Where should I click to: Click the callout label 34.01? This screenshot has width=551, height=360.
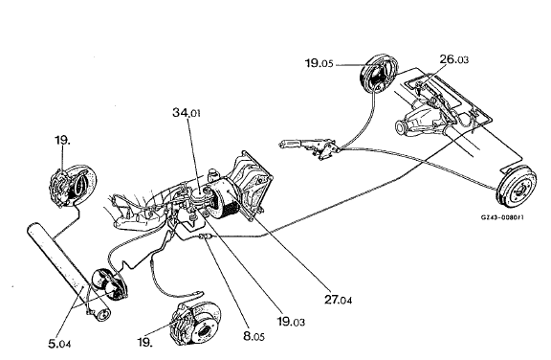click(x=187, y=113)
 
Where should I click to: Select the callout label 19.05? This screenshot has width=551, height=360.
click(x=319, y=63)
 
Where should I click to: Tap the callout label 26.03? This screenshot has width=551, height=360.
click(x=454, y=59)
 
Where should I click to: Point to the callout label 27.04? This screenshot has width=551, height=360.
click(x=338, y=300)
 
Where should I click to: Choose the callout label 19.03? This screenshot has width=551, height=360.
click(x=291, y=321)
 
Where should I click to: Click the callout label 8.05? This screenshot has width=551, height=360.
click(x=253, y=336)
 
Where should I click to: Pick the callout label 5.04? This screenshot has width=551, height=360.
click(x=59, y=343)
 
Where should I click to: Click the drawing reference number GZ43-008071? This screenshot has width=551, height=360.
click(x=502, y=217)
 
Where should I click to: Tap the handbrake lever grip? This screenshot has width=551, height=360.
click(x=289, y=145)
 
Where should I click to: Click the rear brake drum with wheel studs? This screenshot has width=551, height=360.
click(x=518, y=187)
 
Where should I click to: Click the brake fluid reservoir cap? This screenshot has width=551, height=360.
click(x=212, y=173)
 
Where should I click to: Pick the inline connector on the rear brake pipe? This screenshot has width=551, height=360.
click(x=205, y=236)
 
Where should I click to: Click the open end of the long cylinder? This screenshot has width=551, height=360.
click(x=102, y=314)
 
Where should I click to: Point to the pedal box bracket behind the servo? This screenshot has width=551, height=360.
click(x=252, y=182)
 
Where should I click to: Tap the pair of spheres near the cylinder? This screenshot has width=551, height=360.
click(x=108, y=284)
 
